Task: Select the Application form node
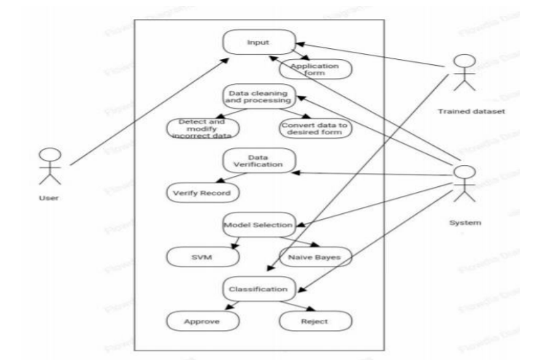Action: point(315,69)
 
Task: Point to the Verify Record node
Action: point(202,194)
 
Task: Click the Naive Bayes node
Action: point(315,257)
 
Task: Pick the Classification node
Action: point(259,288)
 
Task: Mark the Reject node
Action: point(315,320)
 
